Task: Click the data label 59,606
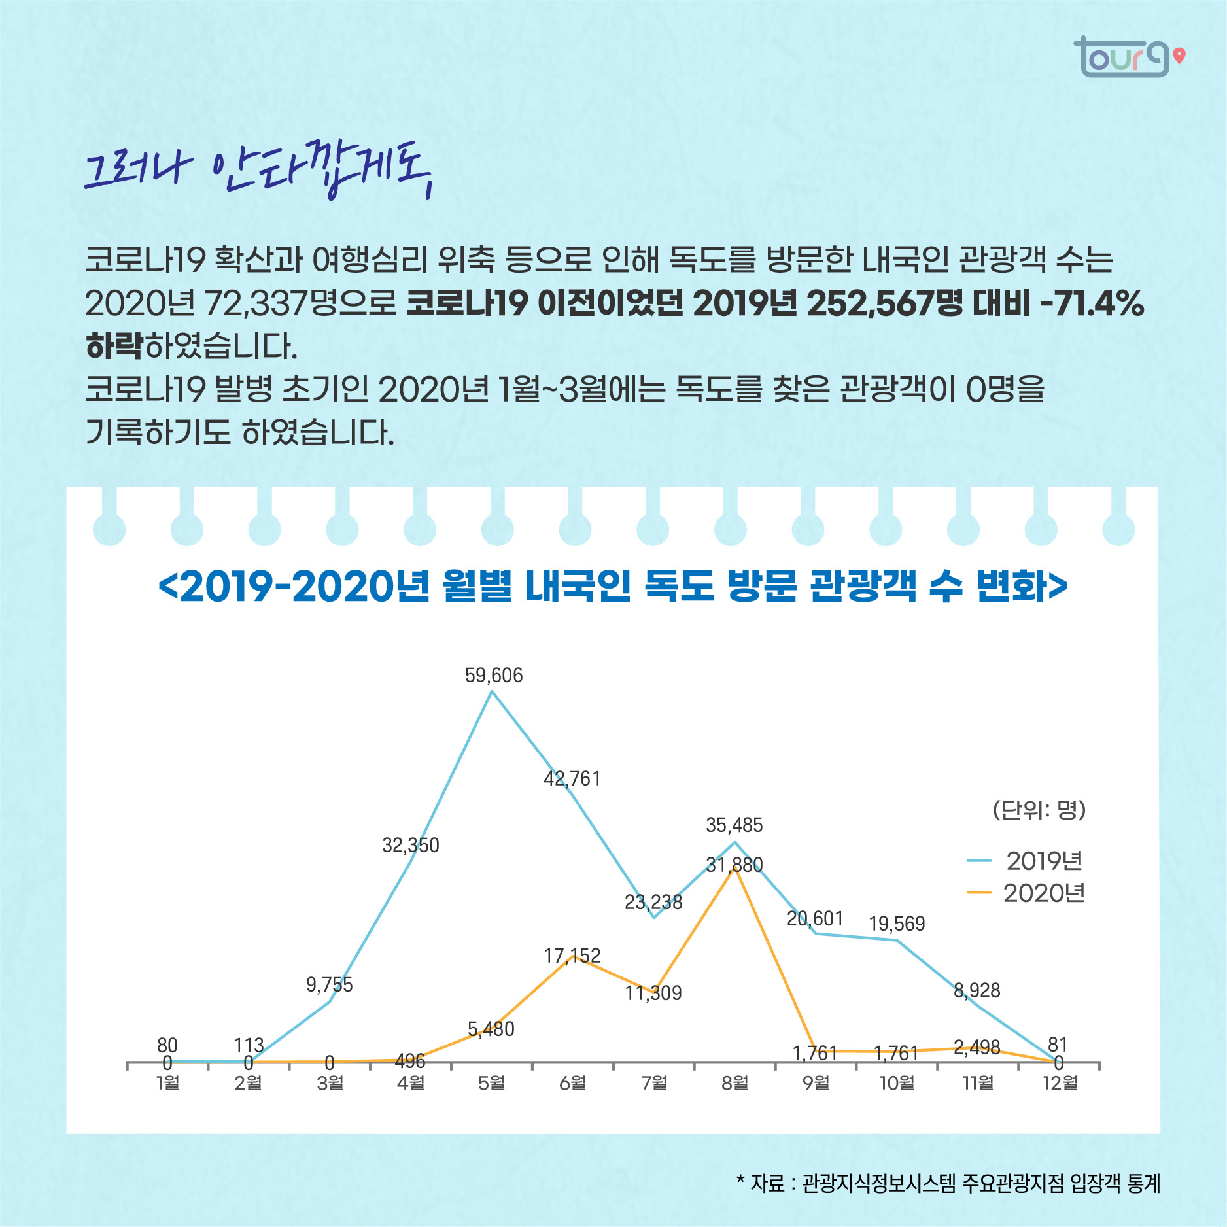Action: tap(494, 675)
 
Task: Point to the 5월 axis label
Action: tap(491, 1083)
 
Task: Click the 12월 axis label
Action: tap(1060, 1083)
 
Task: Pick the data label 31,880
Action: tap(734, 865)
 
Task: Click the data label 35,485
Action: tap(734, 825)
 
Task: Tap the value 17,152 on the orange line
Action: tap(572, 956)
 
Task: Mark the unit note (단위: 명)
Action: tap(1039, 810)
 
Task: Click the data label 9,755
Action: tap(329, 984)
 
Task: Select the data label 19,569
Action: tap(897, 924)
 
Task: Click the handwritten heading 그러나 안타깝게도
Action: tap(258, 171)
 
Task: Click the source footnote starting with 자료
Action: tap(948, 1183)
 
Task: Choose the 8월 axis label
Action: tap(734, 1083)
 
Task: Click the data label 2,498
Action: tap(976, 1048)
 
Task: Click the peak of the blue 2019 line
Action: tap(492, 691)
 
